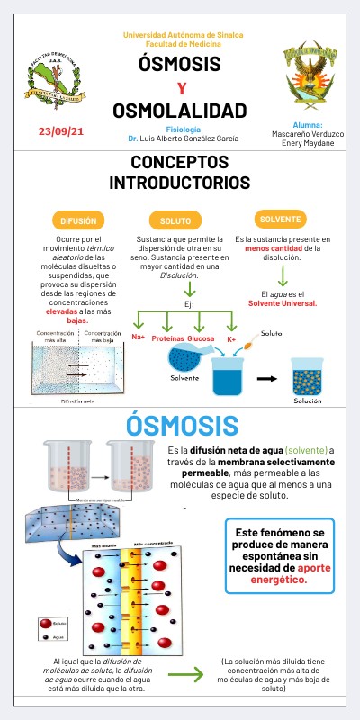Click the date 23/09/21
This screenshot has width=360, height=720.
(62, 131)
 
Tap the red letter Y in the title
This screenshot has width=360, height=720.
(180, 88)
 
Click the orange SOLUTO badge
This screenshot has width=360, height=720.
(175, 220)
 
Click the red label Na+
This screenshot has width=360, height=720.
(139, 337)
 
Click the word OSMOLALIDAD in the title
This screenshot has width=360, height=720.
(180, 111)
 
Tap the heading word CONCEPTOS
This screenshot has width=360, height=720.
(180, 164)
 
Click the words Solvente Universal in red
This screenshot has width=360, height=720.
(283, 303)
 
